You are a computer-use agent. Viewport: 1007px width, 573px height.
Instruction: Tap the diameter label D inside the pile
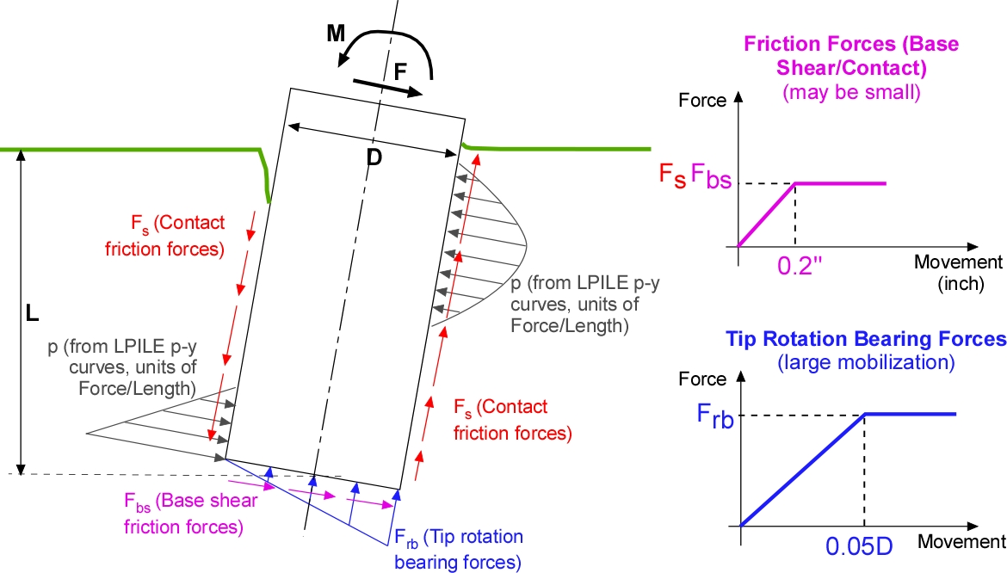374,157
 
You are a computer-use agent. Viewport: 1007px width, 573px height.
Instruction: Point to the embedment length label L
32,314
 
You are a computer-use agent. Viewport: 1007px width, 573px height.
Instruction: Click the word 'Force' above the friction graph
703,100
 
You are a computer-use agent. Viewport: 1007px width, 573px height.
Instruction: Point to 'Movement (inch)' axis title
958,272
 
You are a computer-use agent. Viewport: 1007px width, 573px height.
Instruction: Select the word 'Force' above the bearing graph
703,379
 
